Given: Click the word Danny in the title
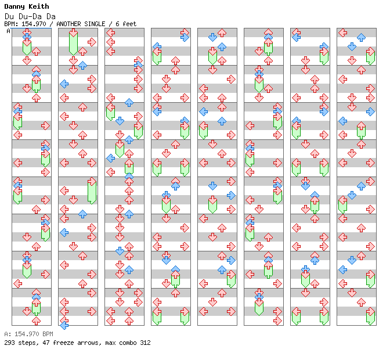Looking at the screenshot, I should point(15,6).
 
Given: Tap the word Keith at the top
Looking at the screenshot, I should point(39,6).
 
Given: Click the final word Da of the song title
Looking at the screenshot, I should point(51,16).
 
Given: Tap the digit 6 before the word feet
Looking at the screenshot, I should point(118,24).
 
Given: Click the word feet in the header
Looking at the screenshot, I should point(129,24).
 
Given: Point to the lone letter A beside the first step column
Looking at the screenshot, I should point(8,31).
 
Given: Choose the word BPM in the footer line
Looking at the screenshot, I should point(48,334).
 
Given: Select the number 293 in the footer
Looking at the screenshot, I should point(9,343).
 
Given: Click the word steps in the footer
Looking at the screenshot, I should point(27,343).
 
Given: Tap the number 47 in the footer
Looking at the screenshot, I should point(44,343).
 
